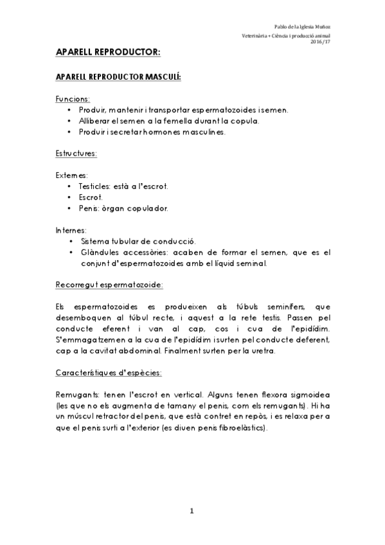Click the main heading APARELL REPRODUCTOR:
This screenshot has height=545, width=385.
coord(107,51)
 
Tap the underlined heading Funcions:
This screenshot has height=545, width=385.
coord(73,100)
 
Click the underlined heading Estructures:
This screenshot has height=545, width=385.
coord(76,154)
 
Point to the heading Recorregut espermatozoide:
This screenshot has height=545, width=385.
coord(109,283)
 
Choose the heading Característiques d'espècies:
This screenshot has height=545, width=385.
coord(108,372)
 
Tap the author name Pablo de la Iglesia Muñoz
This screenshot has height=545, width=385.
coord(301,27)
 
